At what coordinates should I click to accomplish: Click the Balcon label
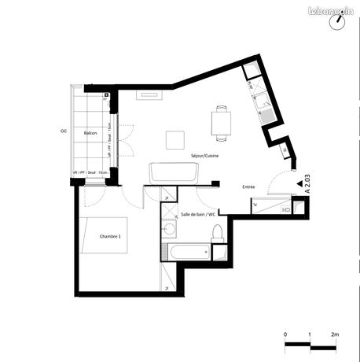[90, 133]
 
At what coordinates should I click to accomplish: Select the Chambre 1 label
[110, 236]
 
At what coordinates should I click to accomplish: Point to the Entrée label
[248, 187]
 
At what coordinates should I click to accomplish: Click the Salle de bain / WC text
[199, 214]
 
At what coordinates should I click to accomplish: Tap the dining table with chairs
[221, 121]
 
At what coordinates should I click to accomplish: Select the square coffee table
[174, 139]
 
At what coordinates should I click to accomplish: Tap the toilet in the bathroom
[218, 234]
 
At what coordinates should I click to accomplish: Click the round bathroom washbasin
[169, 228]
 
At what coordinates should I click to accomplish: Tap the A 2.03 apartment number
[308, 183]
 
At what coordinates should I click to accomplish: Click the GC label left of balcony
[62, 131]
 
